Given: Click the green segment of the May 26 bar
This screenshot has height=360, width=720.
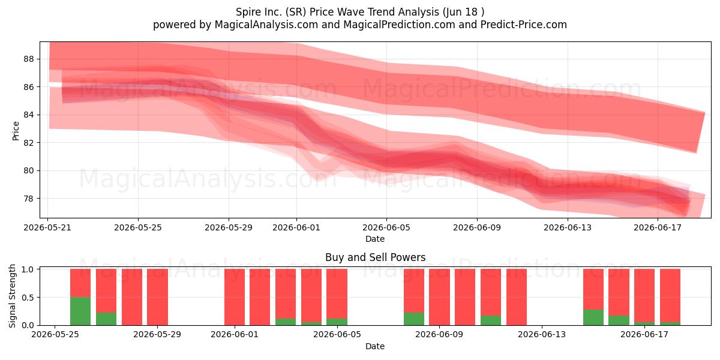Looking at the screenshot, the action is [x=80, y=311].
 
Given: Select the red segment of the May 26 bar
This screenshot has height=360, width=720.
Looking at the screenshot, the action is [x=80, y=283].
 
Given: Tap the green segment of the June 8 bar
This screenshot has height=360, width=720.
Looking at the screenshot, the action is [x=414, y=319].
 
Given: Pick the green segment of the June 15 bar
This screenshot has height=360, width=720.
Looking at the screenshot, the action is [x=593, y=317].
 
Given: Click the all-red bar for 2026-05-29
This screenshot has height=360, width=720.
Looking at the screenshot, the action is [x=157, y=297].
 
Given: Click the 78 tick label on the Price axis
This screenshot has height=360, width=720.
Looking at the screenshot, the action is [x=29, y=199].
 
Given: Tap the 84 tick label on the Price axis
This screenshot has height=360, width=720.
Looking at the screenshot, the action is [x=29, y=115].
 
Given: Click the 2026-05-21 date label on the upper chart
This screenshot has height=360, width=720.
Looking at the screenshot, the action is [x=47, y=227].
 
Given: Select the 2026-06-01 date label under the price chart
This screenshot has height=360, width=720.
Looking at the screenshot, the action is [x=296, y=227].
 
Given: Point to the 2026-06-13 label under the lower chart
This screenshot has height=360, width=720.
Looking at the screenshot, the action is [x=542, y=335].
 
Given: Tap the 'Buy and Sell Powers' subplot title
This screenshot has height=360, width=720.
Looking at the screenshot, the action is [x=376, y=257].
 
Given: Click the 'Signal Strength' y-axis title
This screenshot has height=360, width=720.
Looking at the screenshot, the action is [x=12, y=296].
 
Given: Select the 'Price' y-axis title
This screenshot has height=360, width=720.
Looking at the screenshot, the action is [x=16, y=131].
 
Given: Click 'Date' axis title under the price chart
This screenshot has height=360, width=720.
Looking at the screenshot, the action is [x=375, y=239].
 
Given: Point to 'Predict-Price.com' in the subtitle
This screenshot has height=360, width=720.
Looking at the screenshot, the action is [x=524, y=25].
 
